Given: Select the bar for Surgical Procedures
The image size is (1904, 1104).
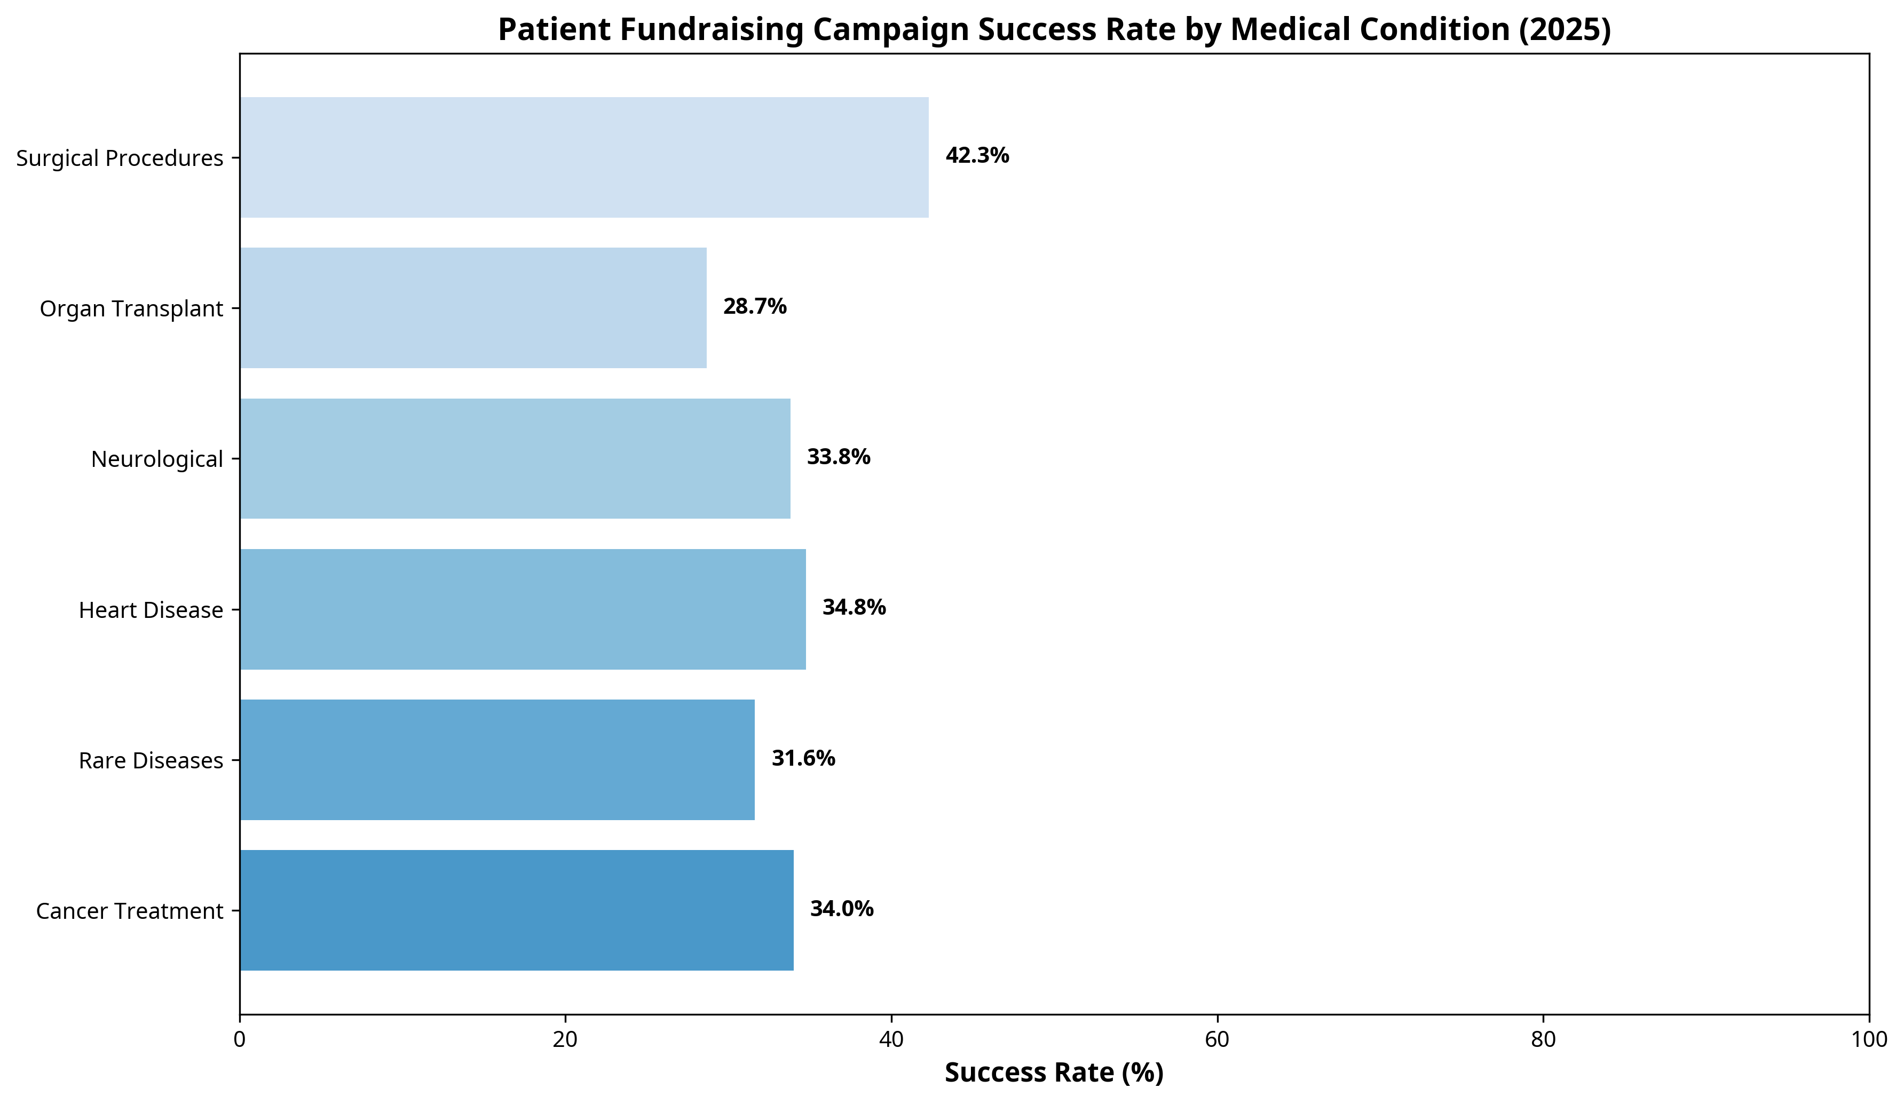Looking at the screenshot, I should click(x=583, y=157).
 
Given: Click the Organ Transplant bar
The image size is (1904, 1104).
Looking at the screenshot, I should click(x=473, y=308).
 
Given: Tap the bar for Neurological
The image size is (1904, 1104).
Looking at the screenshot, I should click(x=515, y=458).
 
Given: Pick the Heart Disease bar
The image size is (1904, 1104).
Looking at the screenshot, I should click(x=522, y=609).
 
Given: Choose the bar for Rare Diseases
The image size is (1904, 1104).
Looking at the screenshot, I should click(x=496, y=760).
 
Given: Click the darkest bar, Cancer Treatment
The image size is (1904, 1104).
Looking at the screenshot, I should click(x=516, y=910).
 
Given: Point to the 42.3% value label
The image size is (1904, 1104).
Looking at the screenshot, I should click(x=977, y=156).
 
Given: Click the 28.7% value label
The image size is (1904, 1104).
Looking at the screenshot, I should click(x=754, y=307).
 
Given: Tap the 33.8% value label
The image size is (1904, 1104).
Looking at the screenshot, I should click(x=838, y=457).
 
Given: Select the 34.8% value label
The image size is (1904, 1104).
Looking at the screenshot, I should click(x=853, y=607).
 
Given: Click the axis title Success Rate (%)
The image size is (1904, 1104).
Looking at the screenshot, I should click(x=1054, y=1073).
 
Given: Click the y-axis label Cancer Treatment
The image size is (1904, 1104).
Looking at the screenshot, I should click(x=129, y=911).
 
